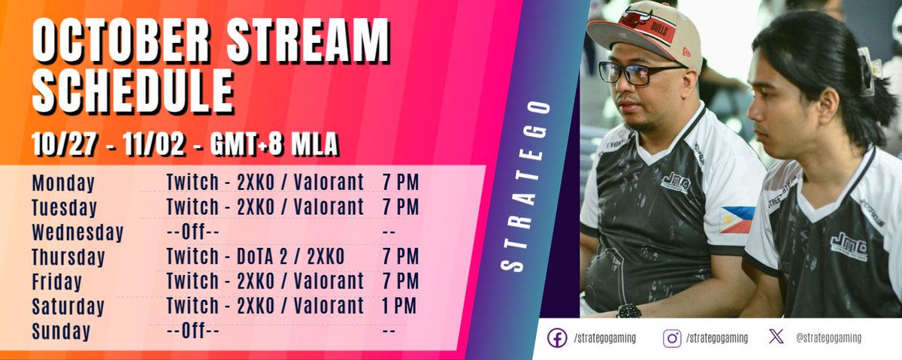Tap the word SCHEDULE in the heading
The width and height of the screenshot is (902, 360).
coord(132,95)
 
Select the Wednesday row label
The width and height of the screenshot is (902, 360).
coord(77,233)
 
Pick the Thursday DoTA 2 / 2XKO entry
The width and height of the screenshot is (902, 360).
coord(255,257)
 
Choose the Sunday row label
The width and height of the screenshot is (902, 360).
coord(61,331)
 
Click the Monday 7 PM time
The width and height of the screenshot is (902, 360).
coord(400,183)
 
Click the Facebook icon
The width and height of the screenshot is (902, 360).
coord(557,338)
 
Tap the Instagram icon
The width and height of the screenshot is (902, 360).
coord(672,338)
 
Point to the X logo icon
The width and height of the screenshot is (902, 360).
coord(776,337)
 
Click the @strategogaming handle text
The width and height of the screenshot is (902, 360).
coord(828,338)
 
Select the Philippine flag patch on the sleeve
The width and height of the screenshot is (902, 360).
coord(737,219)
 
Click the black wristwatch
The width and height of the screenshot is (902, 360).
coord(628,310)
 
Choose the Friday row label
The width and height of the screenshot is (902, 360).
coord(57,282)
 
